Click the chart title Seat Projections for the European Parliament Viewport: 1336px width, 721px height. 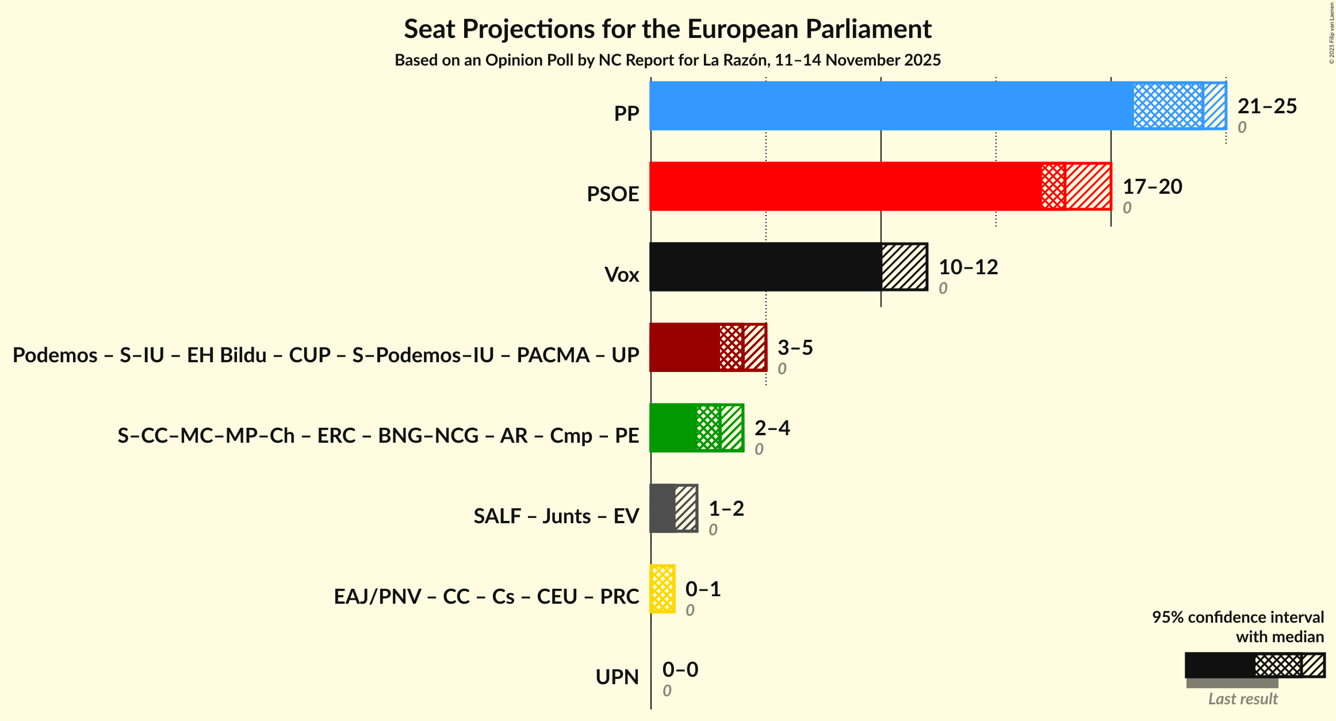pos(667,29)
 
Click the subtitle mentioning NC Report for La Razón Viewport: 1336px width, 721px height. pos(667,60)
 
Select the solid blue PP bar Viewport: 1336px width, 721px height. pos(891,106)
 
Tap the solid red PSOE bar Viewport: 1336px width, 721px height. pos(845,186)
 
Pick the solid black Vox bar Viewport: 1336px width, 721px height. pos(765,267)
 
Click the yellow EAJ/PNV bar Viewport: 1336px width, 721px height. pos(663,589)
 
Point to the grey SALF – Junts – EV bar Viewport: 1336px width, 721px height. pos(663,508)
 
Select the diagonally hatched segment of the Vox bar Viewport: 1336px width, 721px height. pos(904,267)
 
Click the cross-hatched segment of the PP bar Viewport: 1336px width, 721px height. pos(1168,106)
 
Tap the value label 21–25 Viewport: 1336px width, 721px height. pos(1267,106)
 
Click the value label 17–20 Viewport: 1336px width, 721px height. pos(1152,187)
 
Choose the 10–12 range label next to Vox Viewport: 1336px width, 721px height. pos(968,267)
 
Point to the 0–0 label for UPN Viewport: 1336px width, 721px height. pos(680,670)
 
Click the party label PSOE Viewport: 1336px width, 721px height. pos(613,194)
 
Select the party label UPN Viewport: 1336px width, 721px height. pos(617,677)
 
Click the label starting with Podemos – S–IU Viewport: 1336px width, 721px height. pos(326,355)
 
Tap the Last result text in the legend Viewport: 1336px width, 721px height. pos(1242,699)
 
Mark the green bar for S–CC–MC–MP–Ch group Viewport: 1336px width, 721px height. pos(673,428)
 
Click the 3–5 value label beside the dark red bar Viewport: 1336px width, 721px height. pos(795,348)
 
